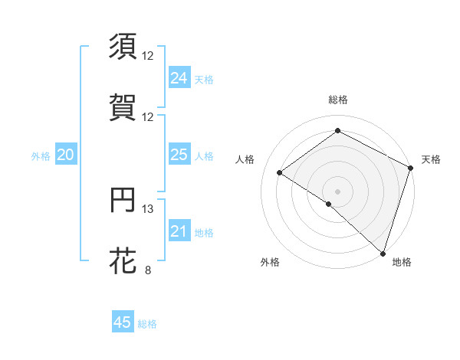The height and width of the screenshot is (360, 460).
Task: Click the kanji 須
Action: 123,46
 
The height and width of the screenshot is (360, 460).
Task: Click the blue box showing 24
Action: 179,78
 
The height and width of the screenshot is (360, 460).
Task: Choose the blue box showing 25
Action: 179,155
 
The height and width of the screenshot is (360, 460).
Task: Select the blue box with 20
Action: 65,155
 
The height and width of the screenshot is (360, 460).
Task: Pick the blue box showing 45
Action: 123,322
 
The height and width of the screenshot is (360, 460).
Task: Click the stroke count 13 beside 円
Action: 148,209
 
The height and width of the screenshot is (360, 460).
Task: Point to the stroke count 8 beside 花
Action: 148,270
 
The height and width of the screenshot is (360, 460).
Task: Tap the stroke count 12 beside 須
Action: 148,55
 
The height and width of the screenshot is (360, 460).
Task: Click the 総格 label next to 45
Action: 148,324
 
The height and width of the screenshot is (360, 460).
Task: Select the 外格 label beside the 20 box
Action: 41,156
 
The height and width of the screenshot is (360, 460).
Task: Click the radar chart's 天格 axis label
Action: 431,159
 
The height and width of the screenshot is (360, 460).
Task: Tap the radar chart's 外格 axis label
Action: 270,262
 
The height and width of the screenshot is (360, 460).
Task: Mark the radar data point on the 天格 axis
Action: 411,168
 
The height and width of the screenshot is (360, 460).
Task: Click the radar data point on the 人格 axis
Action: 280,172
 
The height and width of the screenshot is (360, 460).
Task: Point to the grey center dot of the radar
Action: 338,191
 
